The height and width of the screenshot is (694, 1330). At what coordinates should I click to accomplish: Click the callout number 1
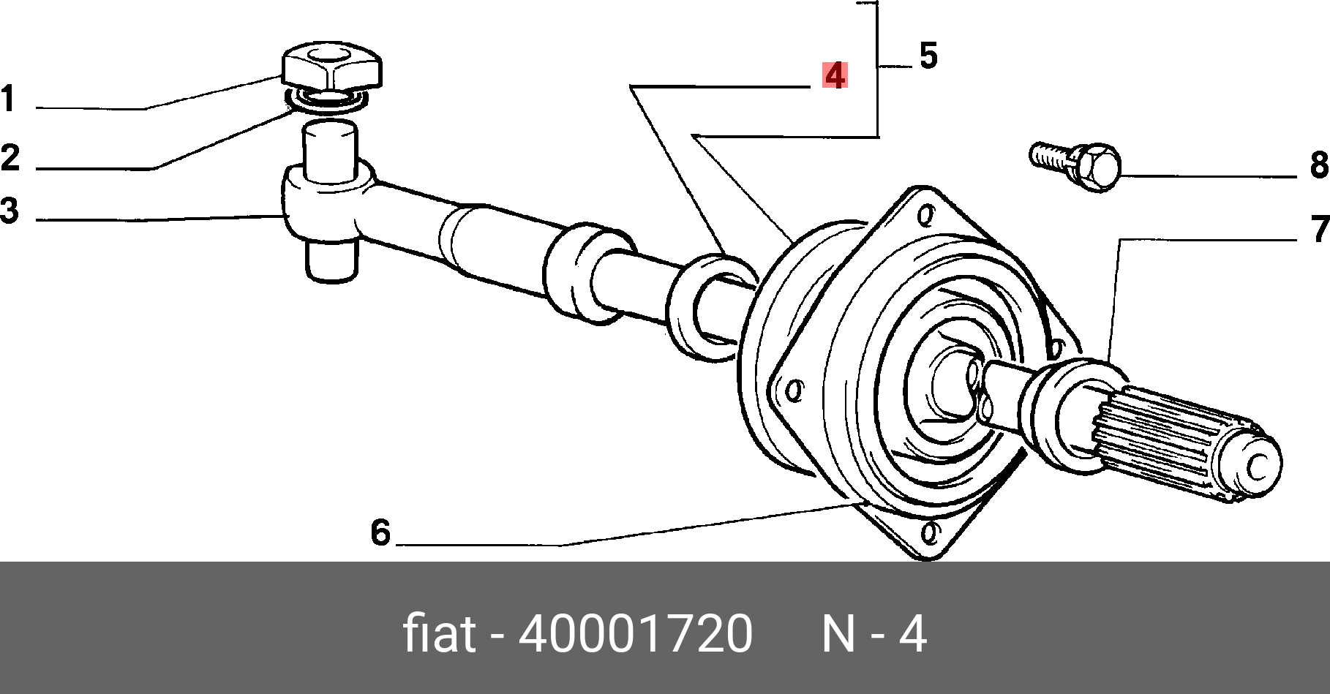click(x=8, y=99)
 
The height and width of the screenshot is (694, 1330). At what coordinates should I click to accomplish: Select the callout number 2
click(x=10, y=158)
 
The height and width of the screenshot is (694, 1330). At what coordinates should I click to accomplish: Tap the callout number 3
click(x=10, y=211)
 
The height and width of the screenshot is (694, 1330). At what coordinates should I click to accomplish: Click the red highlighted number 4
click(x=835, y=75)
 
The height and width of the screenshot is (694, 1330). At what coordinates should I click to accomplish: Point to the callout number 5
click(x=928, y=56)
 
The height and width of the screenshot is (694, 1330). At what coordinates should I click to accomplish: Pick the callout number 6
click(x=380, y=532)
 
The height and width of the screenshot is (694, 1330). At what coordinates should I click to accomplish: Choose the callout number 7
click(x=1320, y=229)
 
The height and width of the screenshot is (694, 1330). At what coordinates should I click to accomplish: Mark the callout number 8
click(x=1320, y=165)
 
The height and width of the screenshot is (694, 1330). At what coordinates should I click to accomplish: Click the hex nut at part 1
click(x=331, y=67)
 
